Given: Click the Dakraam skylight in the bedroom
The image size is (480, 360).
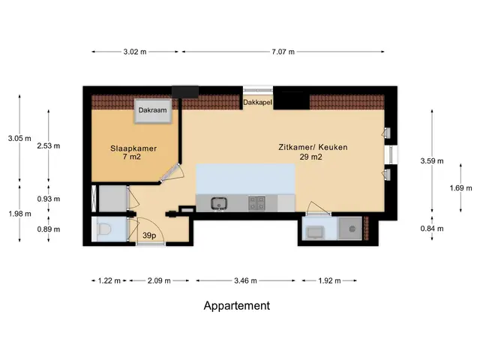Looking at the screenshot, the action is pyautogui.click(x=153, y=111).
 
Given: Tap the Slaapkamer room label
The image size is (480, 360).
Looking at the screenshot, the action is pyautogui.click(x=133, y=148).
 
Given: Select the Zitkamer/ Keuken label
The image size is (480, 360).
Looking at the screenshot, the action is pyautogui.click(x=313, y=147).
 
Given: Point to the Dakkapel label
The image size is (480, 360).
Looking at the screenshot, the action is pyautogui.click(x=257, y=102).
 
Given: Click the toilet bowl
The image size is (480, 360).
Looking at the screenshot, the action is pyautogui.click(x=104, y=229).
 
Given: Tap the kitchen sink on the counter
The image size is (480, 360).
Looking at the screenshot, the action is pyautogui.click(x=219, y=203).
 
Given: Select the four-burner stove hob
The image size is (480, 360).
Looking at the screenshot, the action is pyautogui.click(x=256, y=203).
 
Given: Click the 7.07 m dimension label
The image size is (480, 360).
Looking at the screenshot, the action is pyautogui.click(x=283, y=52).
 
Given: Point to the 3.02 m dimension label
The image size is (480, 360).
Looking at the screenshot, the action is pyautogui.click(x=135, y=52).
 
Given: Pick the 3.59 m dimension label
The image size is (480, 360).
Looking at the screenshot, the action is pyautogui.click(x=432, y=161).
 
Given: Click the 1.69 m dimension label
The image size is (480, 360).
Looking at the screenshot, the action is pyautogui.click(x=460, y=188).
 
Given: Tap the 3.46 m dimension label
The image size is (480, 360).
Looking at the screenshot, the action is pyautogui.click(x=245, y=280).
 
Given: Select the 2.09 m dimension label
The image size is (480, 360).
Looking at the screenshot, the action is pyautogui.click(x=159, y=280).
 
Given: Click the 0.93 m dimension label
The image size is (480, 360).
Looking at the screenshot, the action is pyautogui.click(x=49, y=199).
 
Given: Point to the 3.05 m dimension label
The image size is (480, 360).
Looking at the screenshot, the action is pyautogui.click(x=19, y=138).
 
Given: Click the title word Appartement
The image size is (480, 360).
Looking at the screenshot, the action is pyautogui.click(x=237, y=306).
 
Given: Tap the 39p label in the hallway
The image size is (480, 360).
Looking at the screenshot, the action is pyautogui.click(x=149, y=235).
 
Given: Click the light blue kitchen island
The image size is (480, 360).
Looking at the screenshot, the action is pyautogui.click(x=245, y=178).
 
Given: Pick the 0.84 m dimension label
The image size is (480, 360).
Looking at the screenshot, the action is pyautogui.click(x=432, y=229).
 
